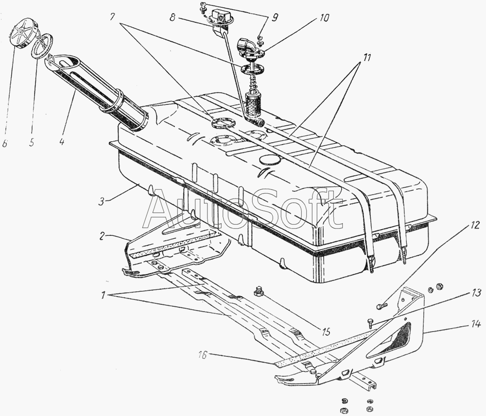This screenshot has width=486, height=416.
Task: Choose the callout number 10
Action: pyautogui.click(x=324, y=18)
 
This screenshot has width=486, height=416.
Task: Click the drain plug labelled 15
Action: pyautogui.click(x=258, y=292)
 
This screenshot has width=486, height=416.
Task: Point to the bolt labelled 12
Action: pyautogui.click(x=382, y=306)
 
